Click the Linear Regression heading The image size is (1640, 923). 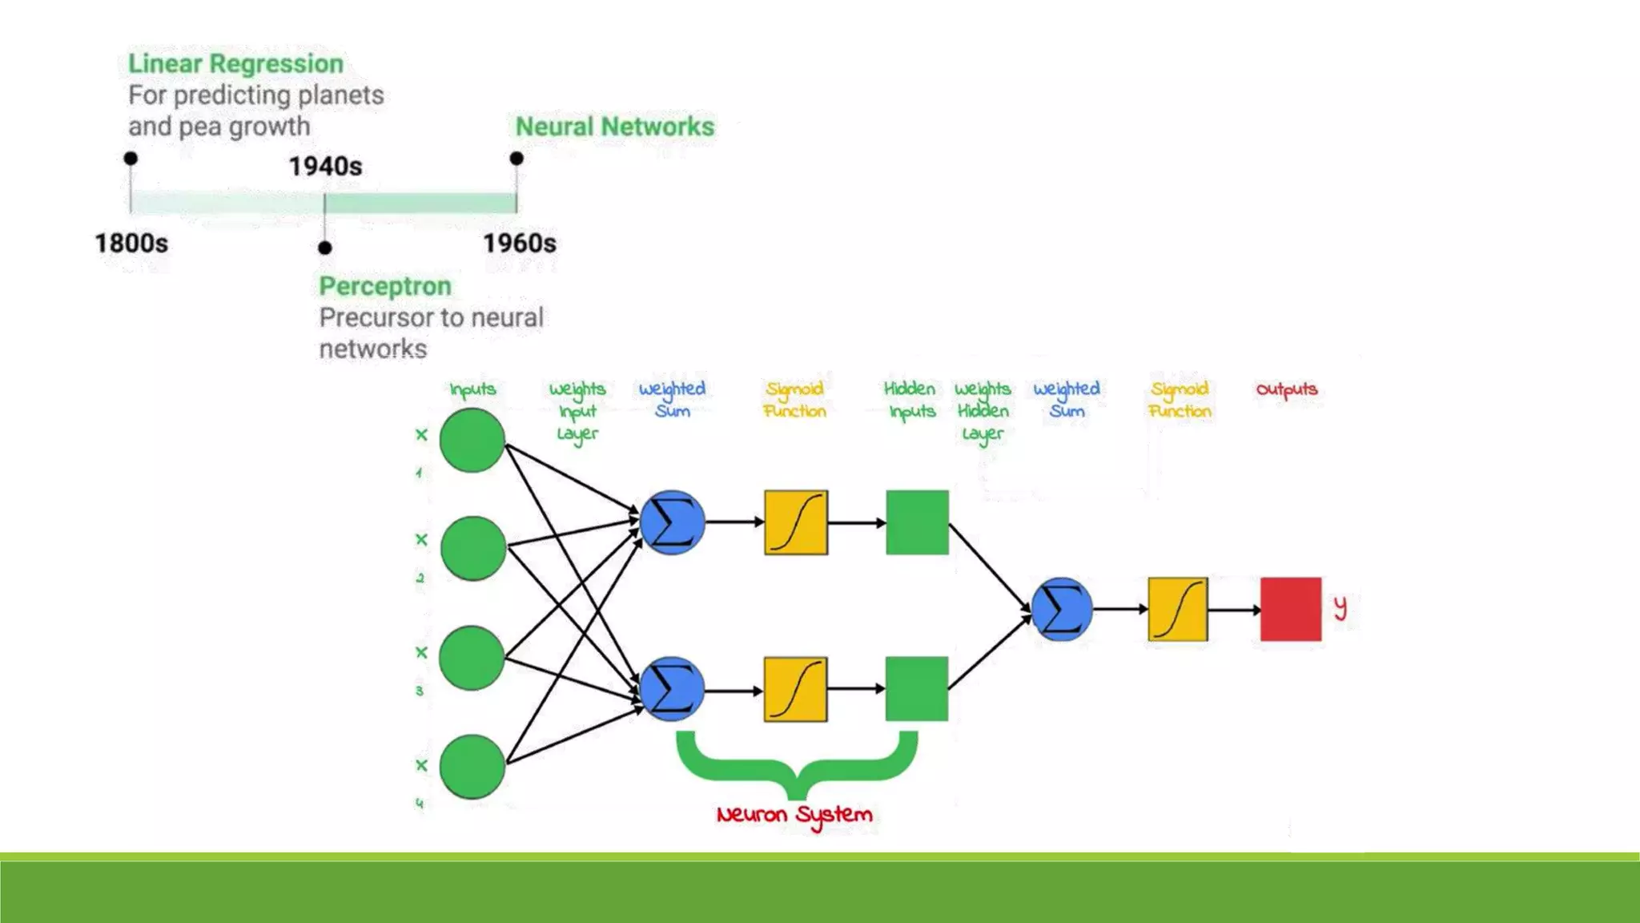(235, 63)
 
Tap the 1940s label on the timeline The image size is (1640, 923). (325, 167)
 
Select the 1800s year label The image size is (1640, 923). (131, 243)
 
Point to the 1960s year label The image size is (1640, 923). (519, 243)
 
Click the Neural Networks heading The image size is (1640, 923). (614, 127)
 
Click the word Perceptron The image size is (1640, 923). (385, 286)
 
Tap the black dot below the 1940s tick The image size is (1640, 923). (324, 248)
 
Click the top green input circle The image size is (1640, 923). (472, 440)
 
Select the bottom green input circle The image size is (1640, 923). (472, 767)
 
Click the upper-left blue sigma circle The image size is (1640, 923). (672, 522)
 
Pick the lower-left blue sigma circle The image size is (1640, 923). (672, 689)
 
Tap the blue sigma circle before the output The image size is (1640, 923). (1062, 609)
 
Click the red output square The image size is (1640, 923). (1290, 609)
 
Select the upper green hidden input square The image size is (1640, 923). (917, 522)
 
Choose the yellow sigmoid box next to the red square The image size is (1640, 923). (1177, 609)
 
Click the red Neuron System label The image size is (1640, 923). (794, 815)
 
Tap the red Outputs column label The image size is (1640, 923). (1286, 389)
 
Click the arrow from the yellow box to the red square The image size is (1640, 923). (1234, 610)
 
